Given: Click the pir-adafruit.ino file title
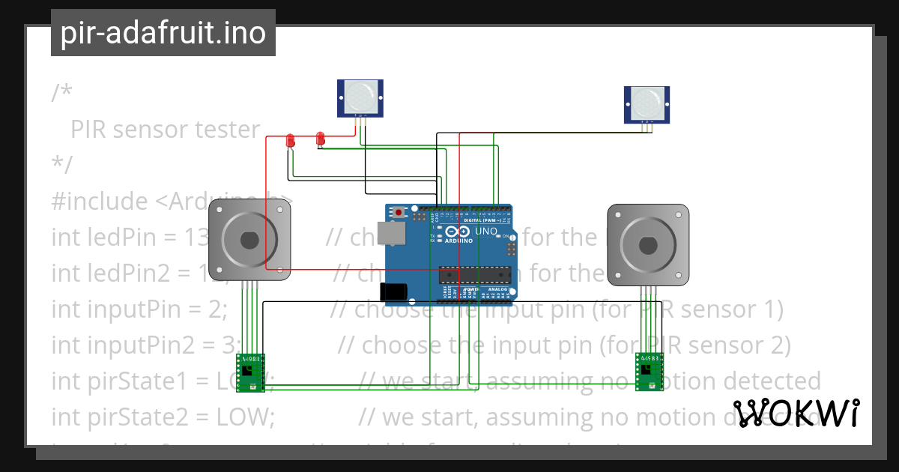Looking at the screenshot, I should coord(163,33).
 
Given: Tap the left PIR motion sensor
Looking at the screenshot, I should coord(360,98).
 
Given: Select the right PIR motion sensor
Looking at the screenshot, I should coord(647,103).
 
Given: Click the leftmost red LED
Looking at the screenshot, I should coord(291,140).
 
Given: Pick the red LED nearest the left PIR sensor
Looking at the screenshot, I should coord(321,138).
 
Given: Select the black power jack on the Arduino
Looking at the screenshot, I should coord(392,291).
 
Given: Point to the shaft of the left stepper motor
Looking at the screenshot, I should coord(249,240).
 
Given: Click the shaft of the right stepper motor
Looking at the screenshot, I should coord(647,245).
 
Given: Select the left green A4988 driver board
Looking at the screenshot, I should coord(251,372).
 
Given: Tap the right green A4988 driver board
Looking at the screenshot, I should coord(650,372).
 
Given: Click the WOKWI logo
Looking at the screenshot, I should coord(796,413).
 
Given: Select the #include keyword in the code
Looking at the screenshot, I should coord(100,201).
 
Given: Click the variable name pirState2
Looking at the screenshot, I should coord(117,417).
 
